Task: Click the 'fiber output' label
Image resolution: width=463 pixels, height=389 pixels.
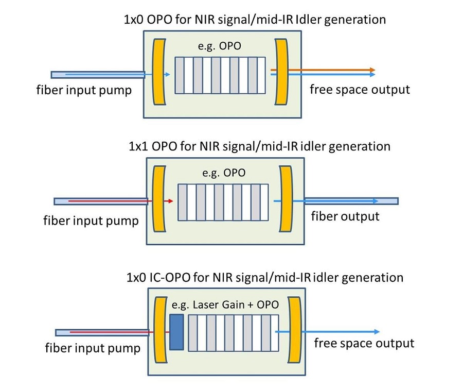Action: [x=345, y=216]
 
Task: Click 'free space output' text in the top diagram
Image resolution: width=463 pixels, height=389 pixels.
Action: [x=360, y=90]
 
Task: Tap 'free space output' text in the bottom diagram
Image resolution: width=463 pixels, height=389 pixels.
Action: [x=364, y=343]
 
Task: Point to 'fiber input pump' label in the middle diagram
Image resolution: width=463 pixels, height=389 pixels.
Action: [x=91, y=221]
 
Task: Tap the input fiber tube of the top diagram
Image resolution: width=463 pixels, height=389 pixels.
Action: [x=98, y=75]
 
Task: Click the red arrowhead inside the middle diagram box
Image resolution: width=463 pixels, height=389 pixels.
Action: [x=169, y=200]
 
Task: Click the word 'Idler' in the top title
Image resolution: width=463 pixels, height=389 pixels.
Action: [x=312, y=20]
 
